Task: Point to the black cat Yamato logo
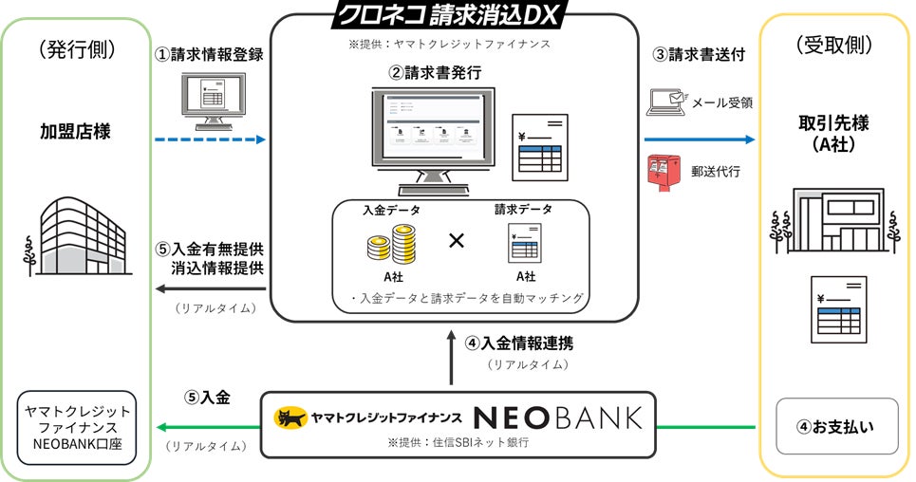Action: click(x=290, y=417)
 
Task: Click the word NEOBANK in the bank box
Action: click(x=558, y=417)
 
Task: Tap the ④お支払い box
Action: click(x=834, y=426)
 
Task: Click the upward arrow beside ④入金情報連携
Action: click(x=453, y=357)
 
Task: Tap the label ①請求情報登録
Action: click(x=209, y=54)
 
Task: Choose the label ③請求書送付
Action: click(x=696, y=54)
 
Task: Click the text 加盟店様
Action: click(x=75, y=131)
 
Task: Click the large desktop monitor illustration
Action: click(x=431, y=139)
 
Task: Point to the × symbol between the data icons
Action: click(x=456, y=241)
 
